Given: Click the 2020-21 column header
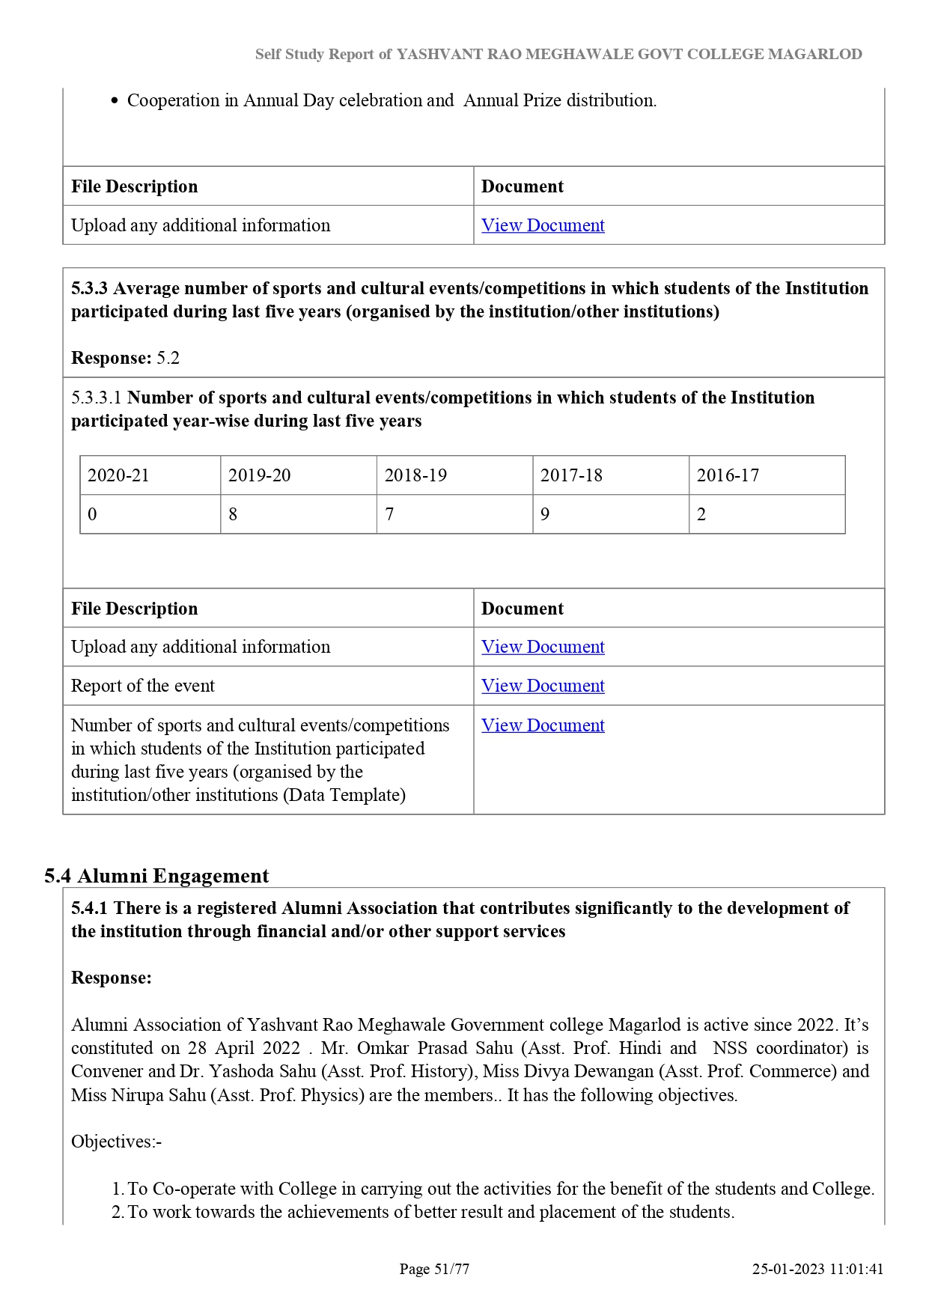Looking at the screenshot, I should (x=118, y=475).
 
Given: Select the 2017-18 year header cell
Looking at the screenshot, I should (x=571, y=475).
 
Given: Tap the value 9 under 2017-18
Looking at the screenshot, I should (x=545, y=514).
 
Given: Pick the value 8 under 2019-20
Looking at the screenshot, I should (x=233, y=514).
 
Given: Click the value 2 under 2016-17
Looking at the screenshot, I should (x=701, y=514).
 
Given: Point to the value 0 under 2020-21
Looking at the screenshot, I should (x=92, y=514).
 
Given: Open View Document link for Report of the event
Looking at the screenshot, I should (x=543, y=686).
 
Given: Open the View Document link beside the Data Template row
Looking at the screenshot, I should (x=543, y=725).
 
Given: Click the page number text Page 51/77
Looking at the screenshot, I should (x=434, y=1269).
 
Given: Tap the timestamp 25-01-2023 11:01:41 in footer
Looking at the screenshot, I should (x=817, y=1269).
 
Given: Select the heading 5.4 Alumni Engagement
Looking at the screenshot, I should (x=156, y=876).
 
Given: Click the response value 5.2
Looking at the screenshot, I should (x=168, y=358).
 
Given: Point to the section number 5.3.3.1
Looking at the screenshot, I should (x=97, y=397).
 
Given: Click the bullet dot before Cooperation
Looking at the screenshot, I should (x=115, y=101).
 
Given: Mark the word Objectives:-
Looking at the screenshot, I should (x=116, y=1142).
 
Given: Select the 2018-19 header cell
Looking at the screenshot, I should (x=415, y=475).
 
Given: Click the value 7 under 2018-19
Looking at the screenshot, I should (x=389, y=514).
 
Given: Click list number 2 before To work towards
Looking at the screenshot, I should (x=118, y=1212).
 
